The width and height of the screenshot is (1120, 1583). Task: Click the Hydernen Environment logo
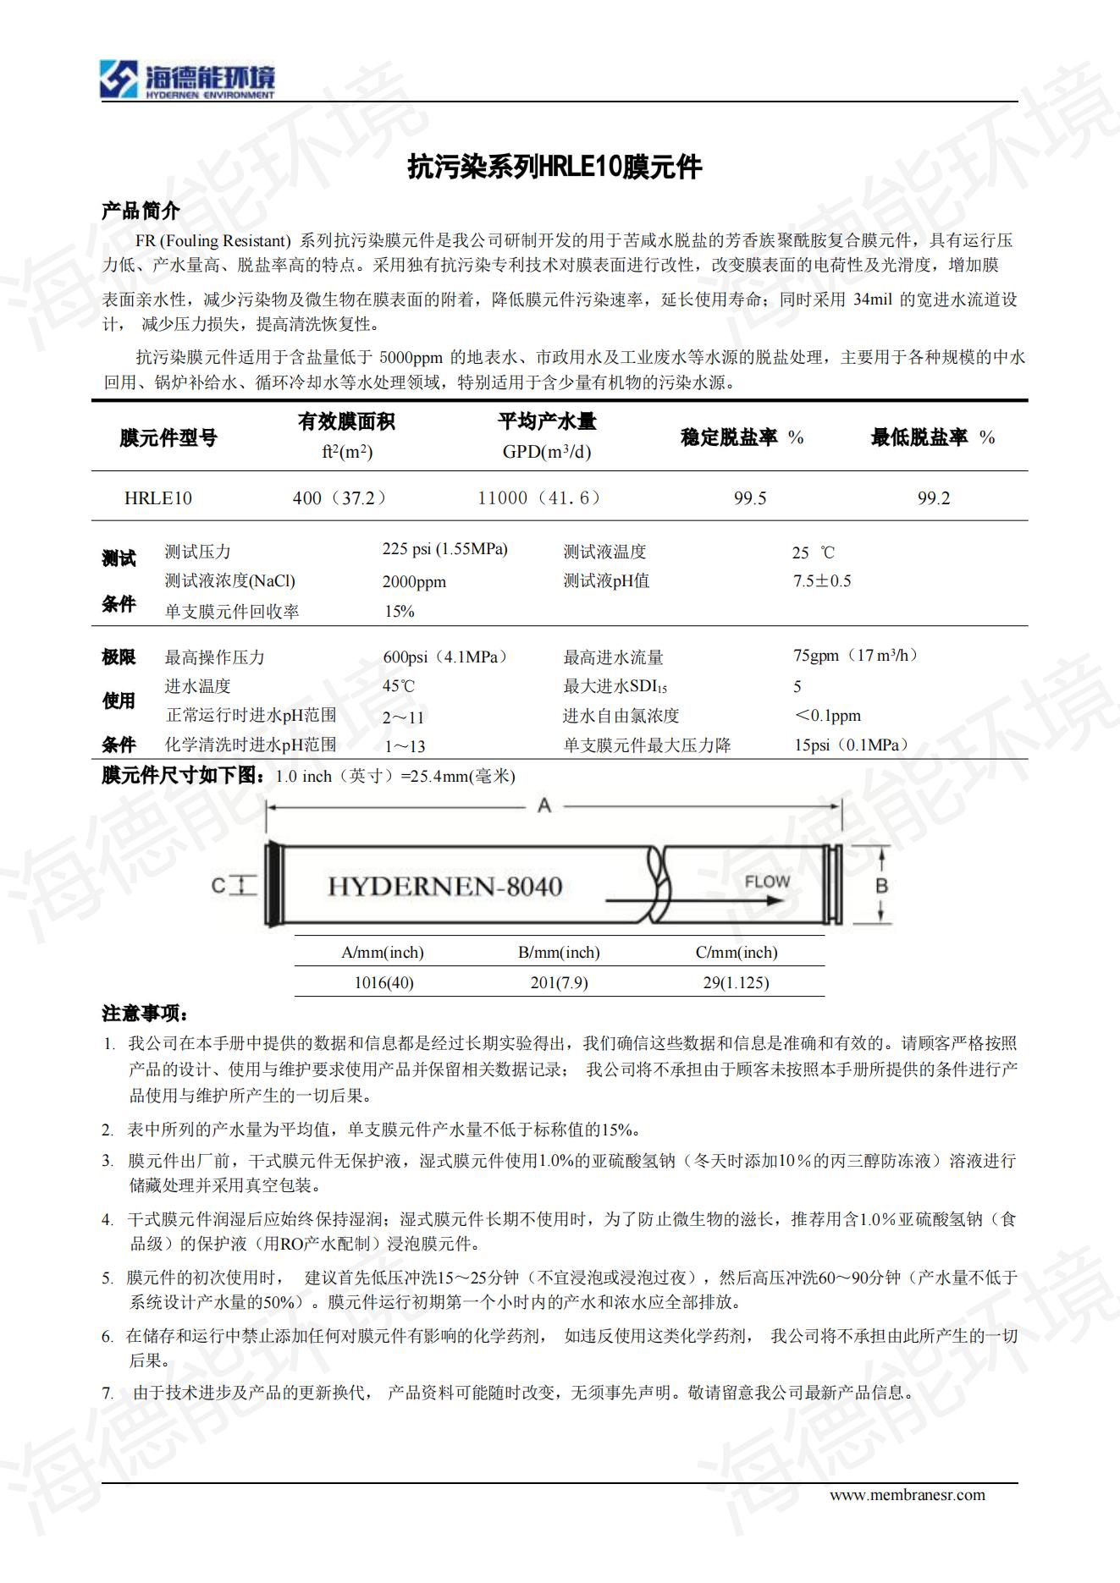187,80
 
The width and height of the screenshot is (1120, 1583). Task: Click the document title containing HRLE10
554,167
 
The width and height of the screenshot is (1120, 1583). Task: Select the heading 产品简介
141,211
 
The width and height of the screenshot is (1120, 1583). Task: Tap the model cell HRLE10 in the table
158,498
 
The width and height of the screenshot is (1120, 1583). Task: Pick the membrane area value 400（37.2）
339,498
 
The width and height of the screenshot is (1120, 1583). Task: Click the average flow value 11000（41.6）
539,498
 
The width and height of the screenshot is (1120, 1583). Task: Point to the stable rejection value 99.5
750,498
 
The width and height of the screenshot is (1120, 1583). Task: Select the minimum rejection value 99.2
934,498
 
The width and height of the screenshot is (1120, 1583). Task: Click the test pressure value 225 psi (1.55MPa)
444,549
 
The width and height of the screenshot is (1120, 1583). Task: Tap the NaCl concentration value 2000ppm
414,582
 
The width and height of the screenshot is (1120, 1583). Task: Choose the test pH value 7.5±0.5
822,581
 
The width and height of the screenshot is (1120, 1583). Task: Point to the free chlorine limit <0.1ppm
827,716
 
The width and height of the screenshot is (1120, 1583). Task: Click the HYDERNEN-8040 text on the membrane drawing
444,887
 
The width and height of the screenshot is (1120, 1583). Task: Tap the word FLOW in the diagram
767,882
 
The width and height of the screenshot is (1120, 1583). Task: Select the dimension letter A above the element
544,806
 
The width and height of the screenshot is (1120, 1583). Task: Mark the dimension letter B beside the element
881,886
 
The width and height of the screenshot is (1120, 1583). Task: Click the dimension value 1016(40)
383,982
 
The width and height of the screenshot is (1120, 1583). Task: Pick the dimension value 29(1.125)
736,982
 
